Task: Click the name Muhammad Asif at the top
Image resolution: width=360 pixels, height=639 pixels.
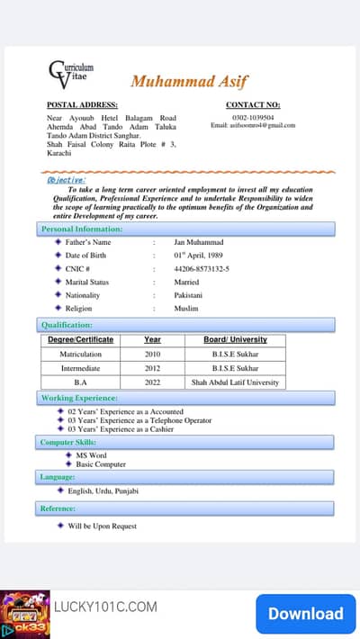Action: coord(189,81)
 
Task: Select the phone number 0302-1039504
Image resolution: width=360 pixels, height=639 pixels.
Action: coord(252,117)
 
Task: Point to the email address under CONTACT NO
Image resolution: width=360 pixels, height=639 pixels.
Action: coord(252,125)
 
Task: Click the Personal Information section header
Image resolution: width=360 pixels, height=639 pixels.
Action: coord(82,229)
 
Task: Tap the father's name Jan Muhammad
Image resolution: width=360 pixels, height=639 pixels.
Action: coord(199,242)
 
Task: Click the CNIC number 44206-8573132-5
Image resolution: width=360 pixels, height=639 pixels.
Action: coord(202,268)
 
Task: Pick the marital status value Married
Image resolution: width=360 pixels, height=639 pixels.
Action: coord(186,282)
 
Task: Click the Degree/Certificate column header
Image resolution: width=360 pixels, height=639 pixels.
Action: coord(80,340)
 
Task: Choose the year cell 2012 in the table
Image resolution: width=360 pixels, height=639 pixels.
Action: coord(152,368)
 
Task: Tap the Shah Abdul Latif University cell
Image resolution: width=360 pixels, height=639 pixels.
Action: coord(236,382)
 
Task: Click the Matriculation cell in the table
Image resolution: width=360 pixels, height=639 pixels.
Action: coord(80,355)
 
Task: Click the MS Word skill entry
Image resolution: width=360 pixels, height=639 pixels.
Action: coord(91,455)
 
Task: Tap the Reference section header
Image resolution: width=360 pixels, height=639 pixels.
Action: coord(58,508)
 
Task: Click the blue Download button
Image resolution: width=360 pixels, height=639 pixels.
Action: coord(305,614)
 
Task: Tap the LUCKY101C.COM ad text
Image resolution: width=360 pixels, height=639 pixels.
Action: coord(105,607)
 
